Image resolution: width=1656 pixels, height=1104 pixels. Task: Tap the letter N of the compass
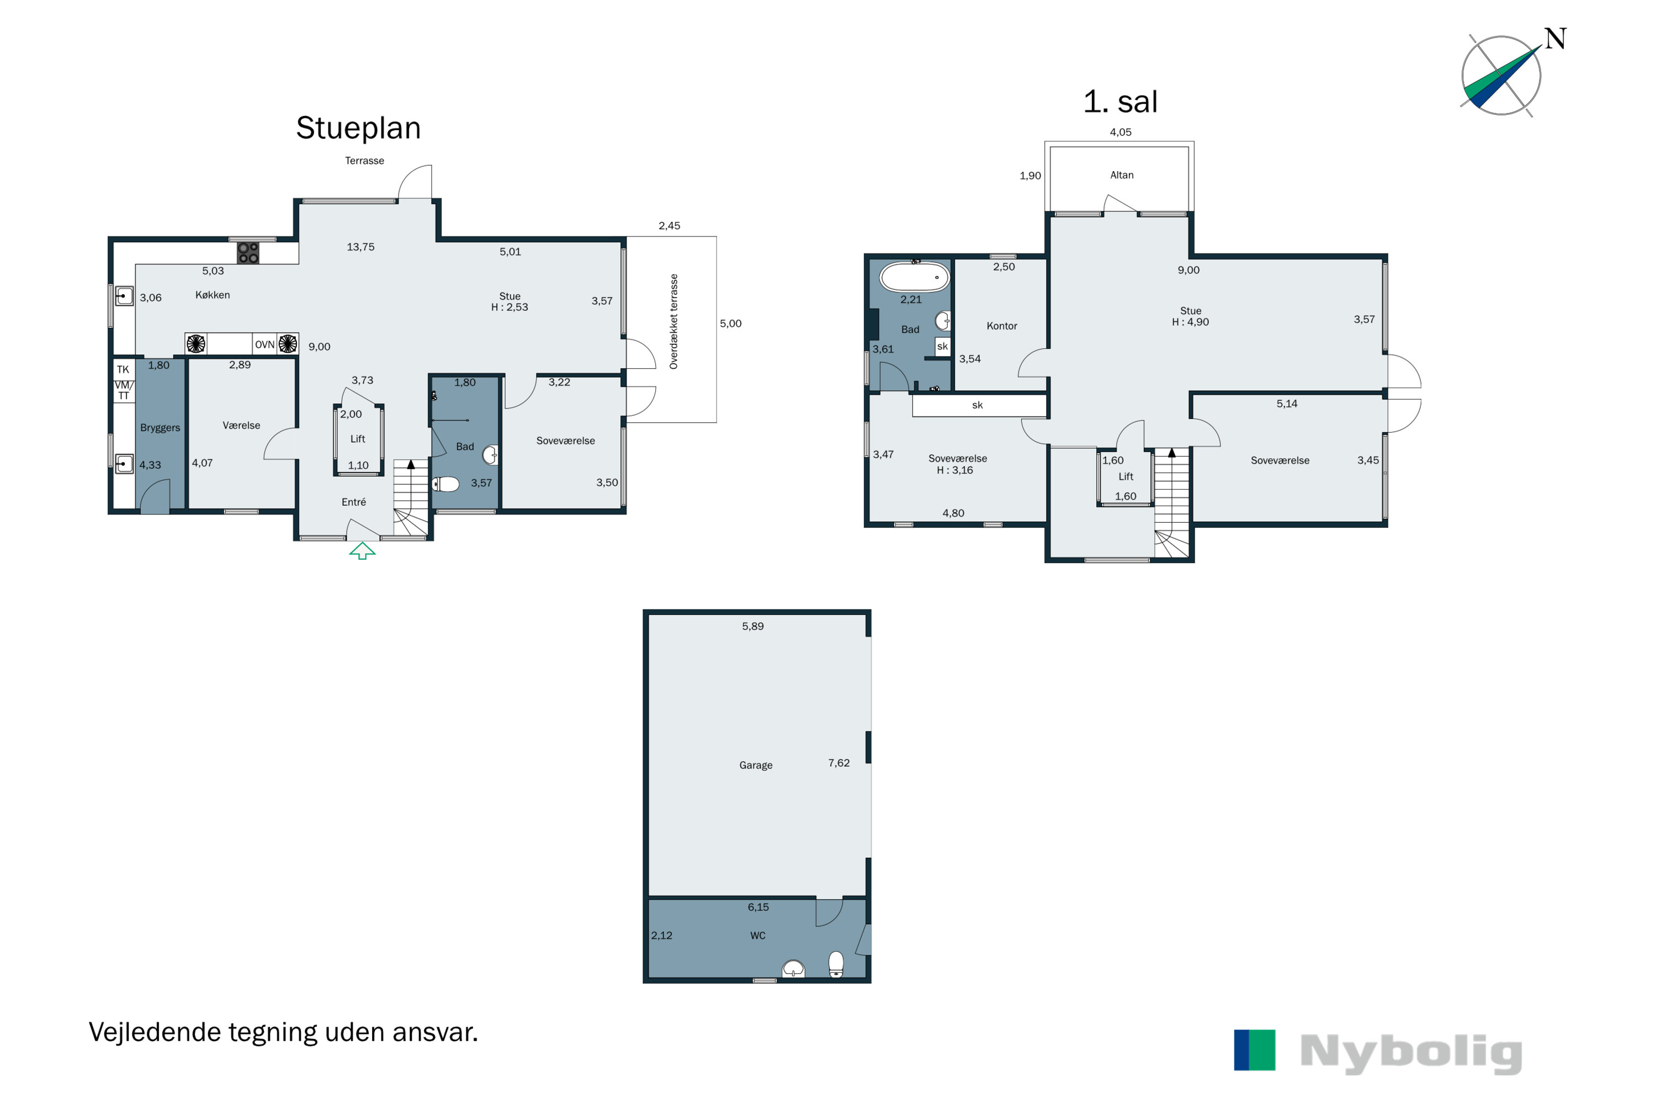[1556, 39]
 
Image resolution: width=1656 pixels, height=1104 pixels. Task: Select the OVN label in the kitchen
[265, 344]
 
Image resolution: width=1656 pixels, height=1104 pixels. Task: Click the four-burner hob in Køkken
[248, 253]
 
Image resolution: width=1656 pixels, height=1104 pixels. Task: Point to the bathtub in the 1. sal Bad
[915, 277]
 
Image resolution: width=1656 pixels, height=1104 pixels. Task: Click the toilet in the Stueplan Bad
[445, 484]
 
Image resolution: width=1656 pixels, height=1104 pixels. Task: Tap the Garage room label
[756, 765]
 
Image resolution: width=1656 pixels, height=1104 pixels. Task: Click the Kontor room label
[1001, 326]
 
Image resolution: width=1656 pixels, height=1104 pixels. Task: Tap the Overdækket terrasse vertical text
[674, 322]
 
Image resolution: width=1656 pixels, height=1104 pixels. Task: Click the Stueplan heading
[358, 128]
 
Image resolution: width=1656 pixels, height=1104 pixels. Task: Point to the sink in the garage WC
[794, 969]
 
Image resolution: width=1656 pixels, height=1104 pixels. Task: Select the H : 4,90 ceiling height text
[1190, 322]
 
